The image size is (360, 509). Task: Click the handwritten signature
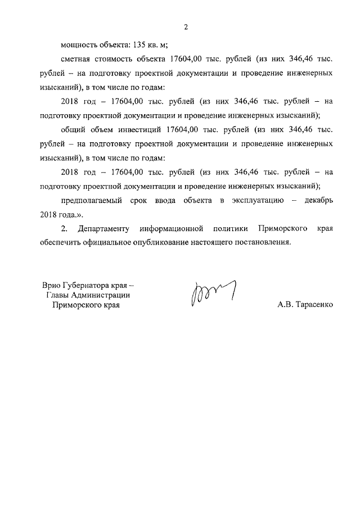click(212, 292)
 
